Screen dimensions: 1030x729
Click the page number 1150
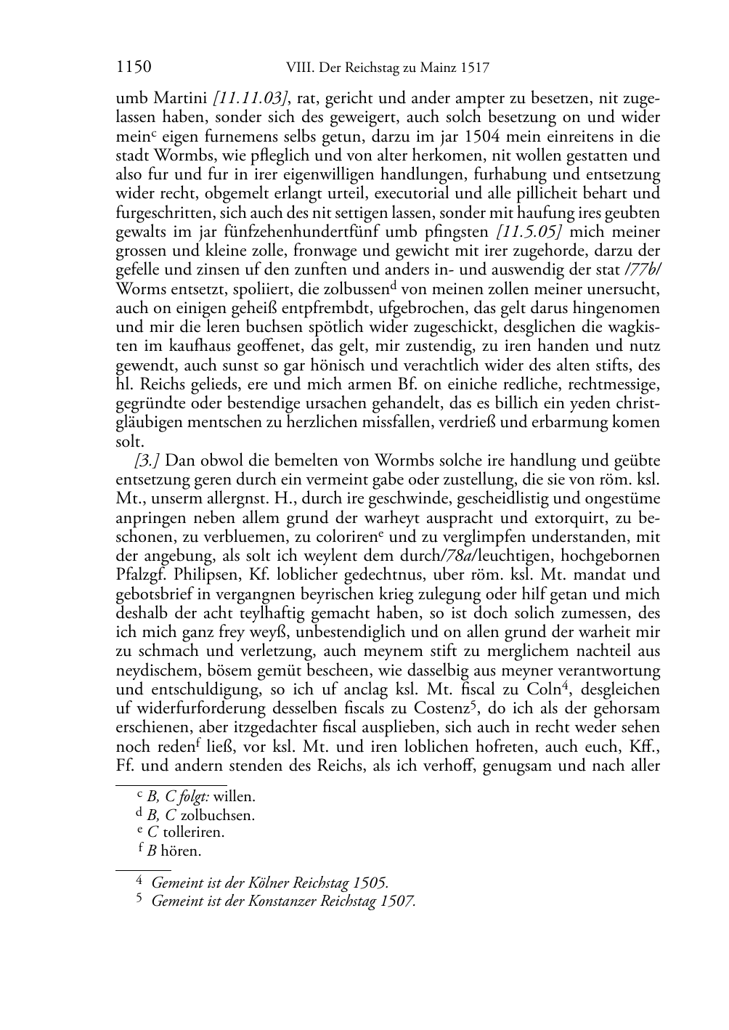click(x=133, y=68)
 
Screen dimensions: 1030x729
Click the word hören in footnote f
click(x=181, y=851)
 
